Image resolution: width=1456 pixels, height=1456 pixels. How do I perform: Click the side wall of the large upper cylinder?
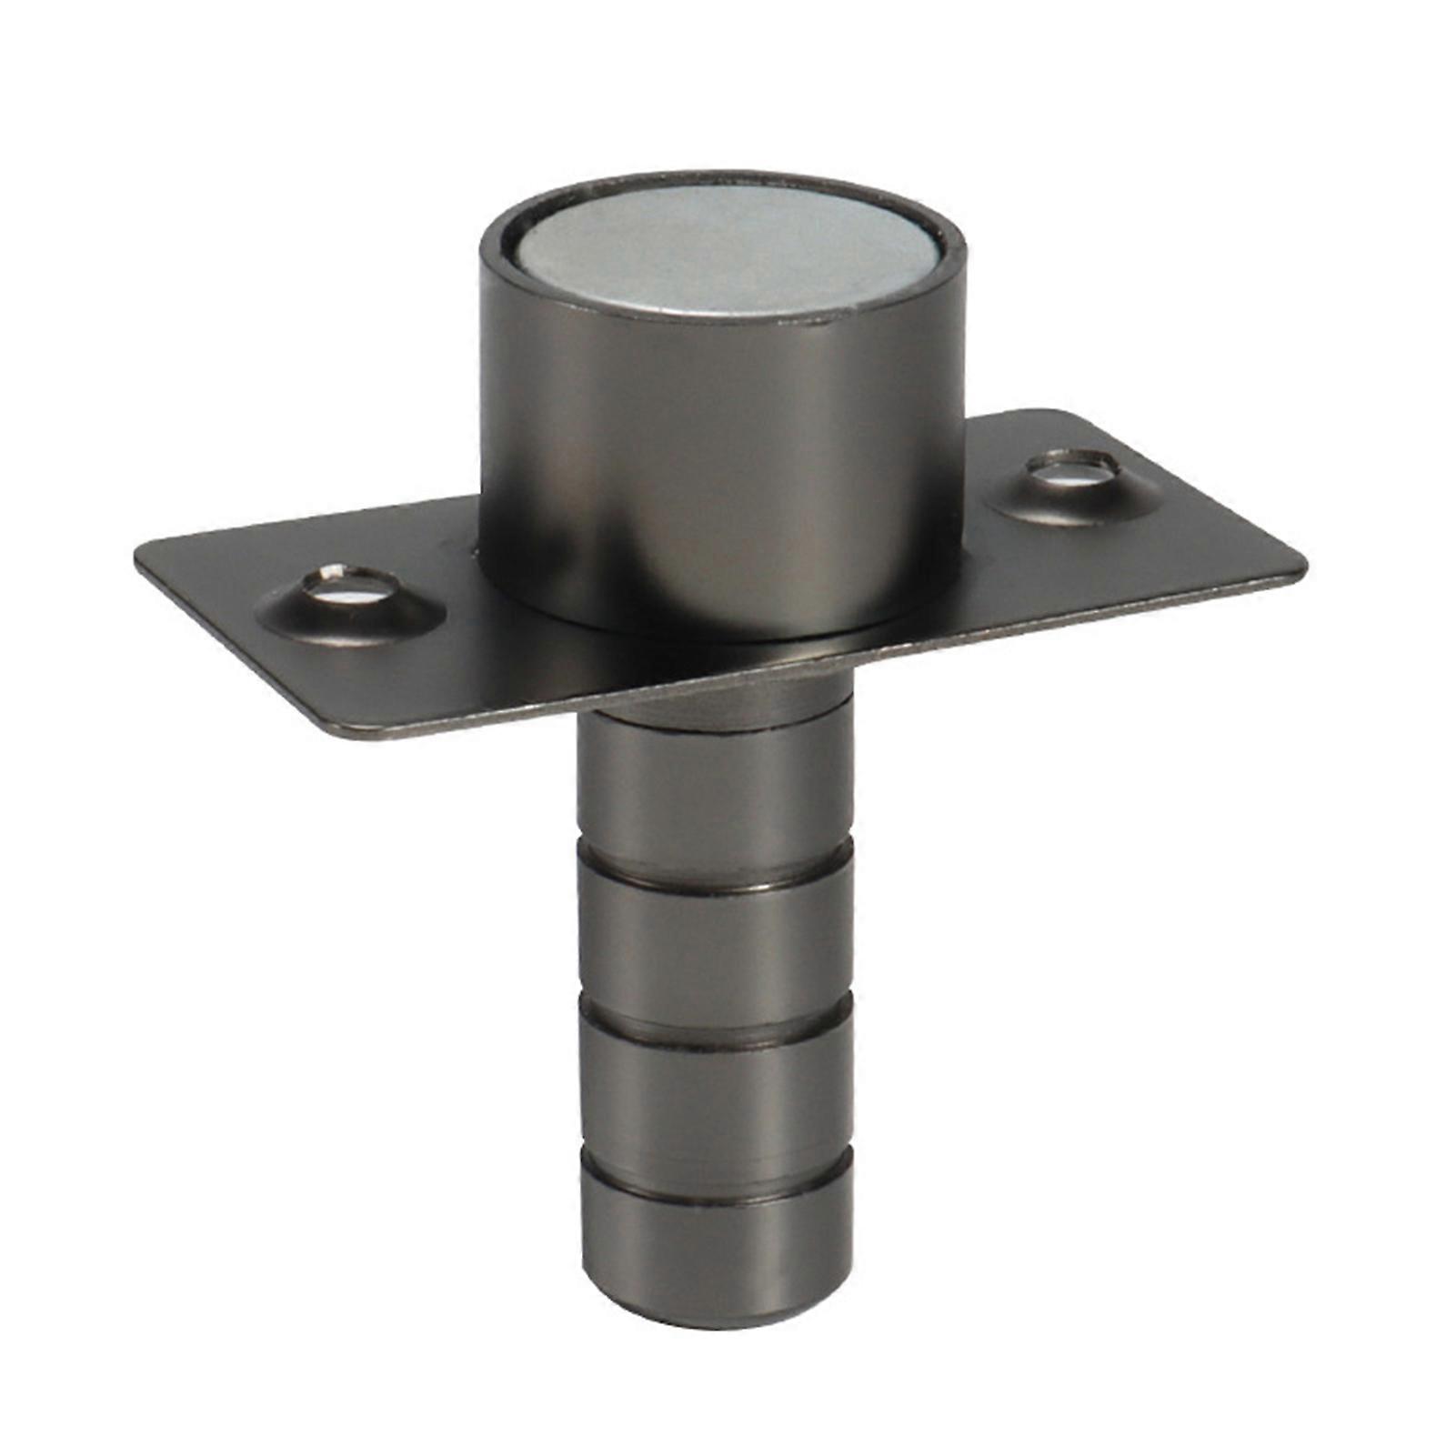coord(718,473)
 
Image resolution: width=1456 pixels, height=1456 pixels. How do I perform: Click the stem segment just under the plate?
coord(716,787)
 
